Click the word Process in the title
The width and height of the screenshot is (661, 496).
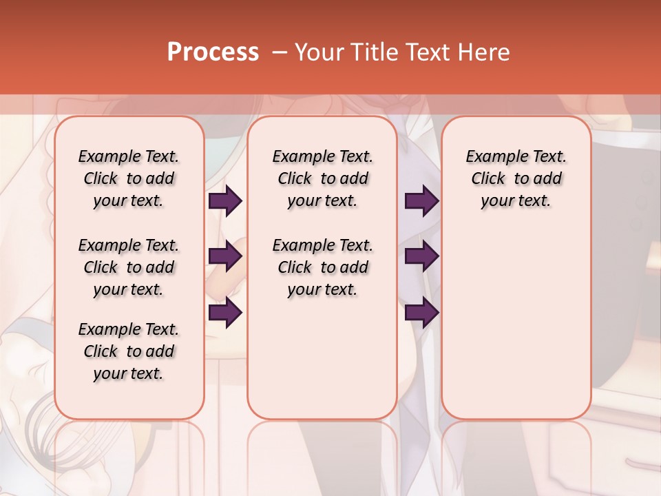pos(213,52)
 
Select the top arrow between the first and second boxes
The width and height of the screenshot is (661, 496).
pos(225,201)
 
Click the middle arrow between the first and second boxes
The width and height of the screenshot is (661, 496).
pos(225,257)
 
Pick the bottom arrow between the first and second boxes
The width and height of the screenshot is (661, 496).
pos(225,313)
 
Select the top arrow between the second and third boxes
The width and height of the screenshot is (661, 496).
pos(421,201)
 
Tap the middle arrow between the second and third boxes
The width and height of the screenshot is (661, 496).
pos(421,257)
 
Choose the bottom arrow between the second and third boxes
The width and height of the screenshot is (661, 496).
pos(421,313)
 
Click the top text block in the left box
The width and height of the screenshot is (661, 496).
pos(129,178)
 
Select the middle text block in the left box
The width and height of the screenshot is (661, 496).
pos(129,267)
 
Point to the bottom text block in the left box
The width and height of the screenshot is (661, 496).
pos(129,351)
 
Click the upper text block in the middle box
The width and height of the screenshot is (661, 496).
pos(322,178)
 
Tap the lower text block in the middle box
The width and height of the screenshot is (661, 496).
pos(322,267)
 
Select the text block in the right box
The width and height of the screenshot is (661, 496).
pos(516,178)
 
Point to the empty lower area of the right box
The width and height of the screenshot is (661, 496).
pos(516,317)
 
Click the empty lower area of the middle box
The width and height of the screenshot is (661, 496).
pos(322,358)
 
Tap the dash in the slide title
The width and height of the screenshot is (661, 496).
pos(279,52)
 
